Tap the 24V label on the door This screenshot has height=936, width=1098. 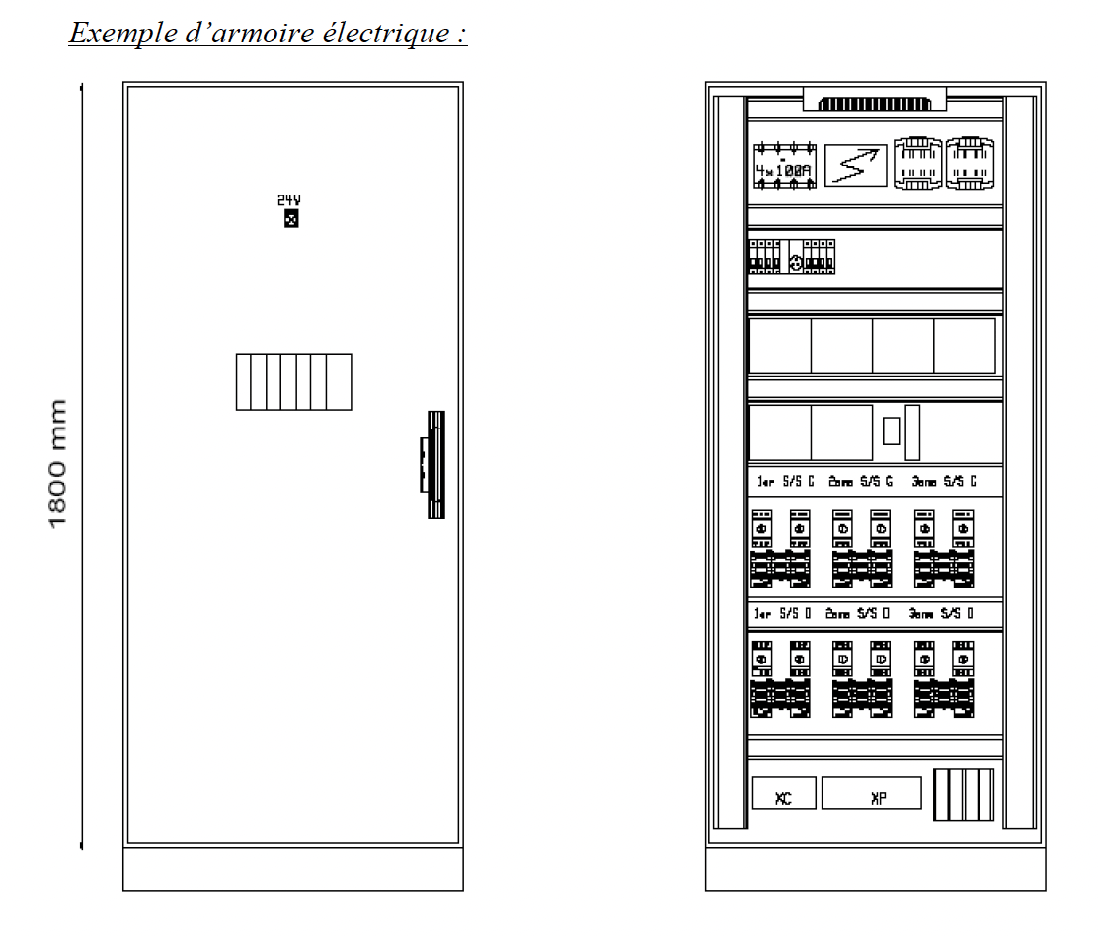tap(289, 200)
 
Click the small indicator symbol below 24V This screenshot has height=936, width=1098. tap(290, 218)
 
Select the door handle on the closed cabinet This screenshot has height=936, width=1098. tap(433, 463)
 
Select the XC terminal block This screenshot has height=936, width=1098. tap(784, 798)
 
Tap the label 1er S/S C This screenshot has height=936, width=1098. tap(785, 482)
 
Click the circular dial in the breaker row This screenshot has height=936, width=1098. tap(795, 264)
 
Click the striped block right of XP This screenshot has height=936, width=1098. tap(963, 796)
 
